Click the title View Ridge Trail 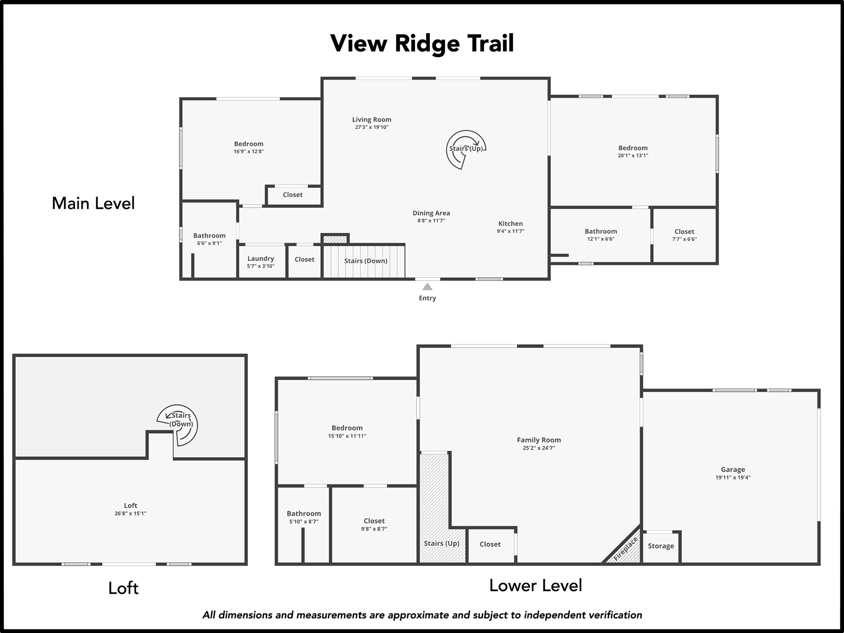point(422,44)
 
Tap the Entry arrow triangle point(427,287)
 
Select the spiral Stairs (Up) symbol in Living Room point(466,149)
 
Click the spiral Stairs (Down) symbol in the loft point(178,425)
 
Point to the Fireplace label point(626,549)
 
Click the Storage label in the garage point(661,546)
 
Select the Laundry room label point(261,258)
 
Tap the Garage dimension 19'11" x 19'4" point(733,477)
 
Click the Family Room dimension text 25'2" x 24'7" point(539,448)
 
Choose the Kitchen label point(510,223)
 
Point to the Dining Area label point(431,213)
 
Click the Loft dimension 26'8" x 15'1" point(131,513)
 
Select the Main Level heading point(93,203)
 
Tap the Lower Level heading point(535,586)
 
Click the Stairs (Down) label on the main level point(366,261)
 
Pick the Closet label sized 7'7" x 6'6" point(684,232)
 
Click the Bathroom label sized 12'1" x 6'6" point(601,231)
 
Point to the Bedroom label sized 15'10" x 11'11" point(347,428)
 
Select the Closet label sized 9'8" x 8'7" point(374,521)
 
